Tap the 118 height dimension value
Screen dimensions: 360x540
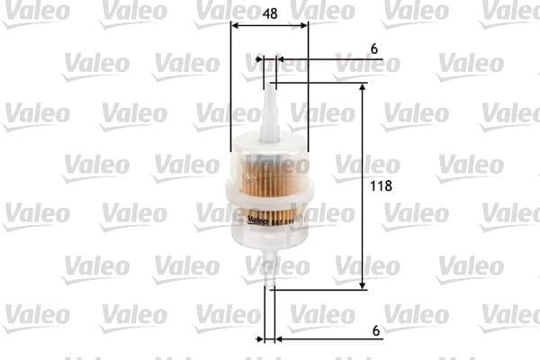pyautogui.click(x=383, y=186)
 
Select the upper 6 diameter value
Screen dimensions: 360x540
pyautogui.click(x=373, y=48)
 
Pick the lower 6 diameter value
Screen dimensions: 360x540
pyautogui.click(x=373, y=329)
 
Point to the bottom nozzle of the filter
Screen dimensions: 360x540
pyautogui.click(x=268, y=270)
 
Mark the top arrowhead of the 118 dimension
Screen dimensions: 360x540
pyautogui.click(x=363, y=88)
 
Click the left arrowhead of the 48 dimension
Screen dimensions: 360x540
pyautogui.click(x=235, y=26)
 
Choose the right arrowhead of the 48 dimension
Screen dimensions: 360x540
pyautogui.click(x=304, y=26)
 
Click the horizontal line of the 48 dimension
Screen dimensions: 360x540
pyautogui.click(x=269, y=26)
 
